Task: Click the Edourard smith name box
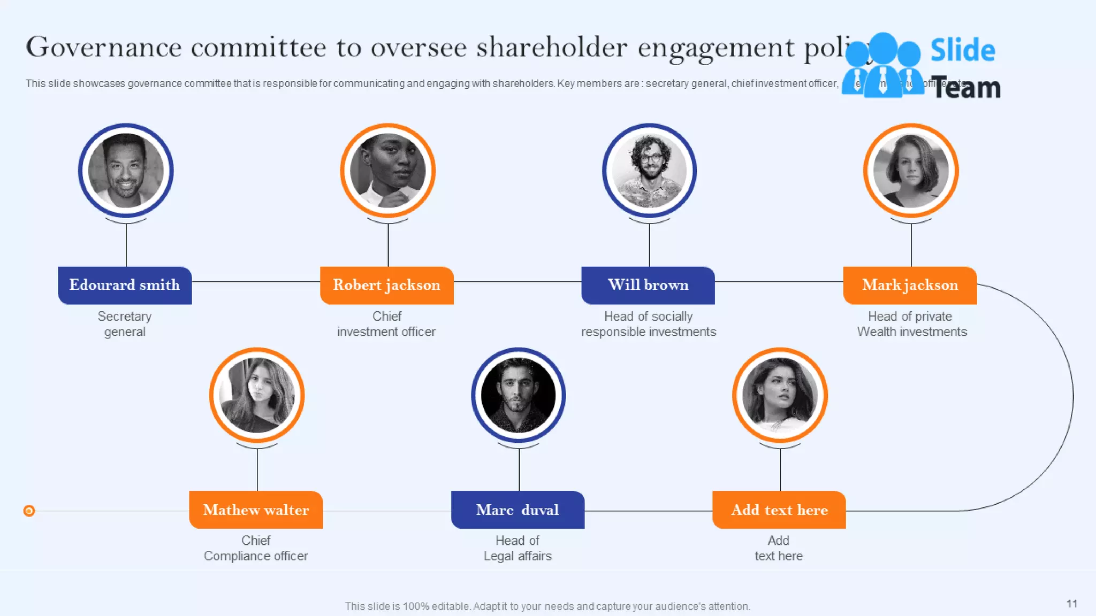point(125,286)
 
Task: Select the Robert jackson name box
point(386,286)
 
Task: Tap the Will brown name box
point(648,286)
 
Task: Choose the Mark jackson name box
point(910,286)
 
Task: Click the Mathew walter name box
point(256,510)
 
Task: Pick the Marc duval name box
point(517,510)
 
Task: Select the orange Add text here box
point(779,510)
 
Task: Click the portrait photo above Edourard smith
point(126,171)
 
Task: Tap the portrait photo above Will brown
point(649,171)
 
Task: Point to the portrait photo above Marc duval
point(518,395)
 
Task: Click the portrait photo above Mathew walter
point(257,395)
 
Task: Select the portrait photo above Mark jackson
point(911,171)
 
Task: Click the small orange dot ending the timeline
point(29,511)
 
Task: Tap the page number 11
point(1071,604)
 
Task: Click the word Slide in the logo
point(962,51)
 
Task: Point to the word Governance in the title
point(104,47)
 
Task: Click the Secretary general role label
point(125,324)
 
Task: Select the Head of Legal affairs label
point(517,548)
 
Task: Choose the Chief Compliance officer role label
point(256,548)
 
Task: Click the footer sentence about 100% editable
point(547,606)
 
